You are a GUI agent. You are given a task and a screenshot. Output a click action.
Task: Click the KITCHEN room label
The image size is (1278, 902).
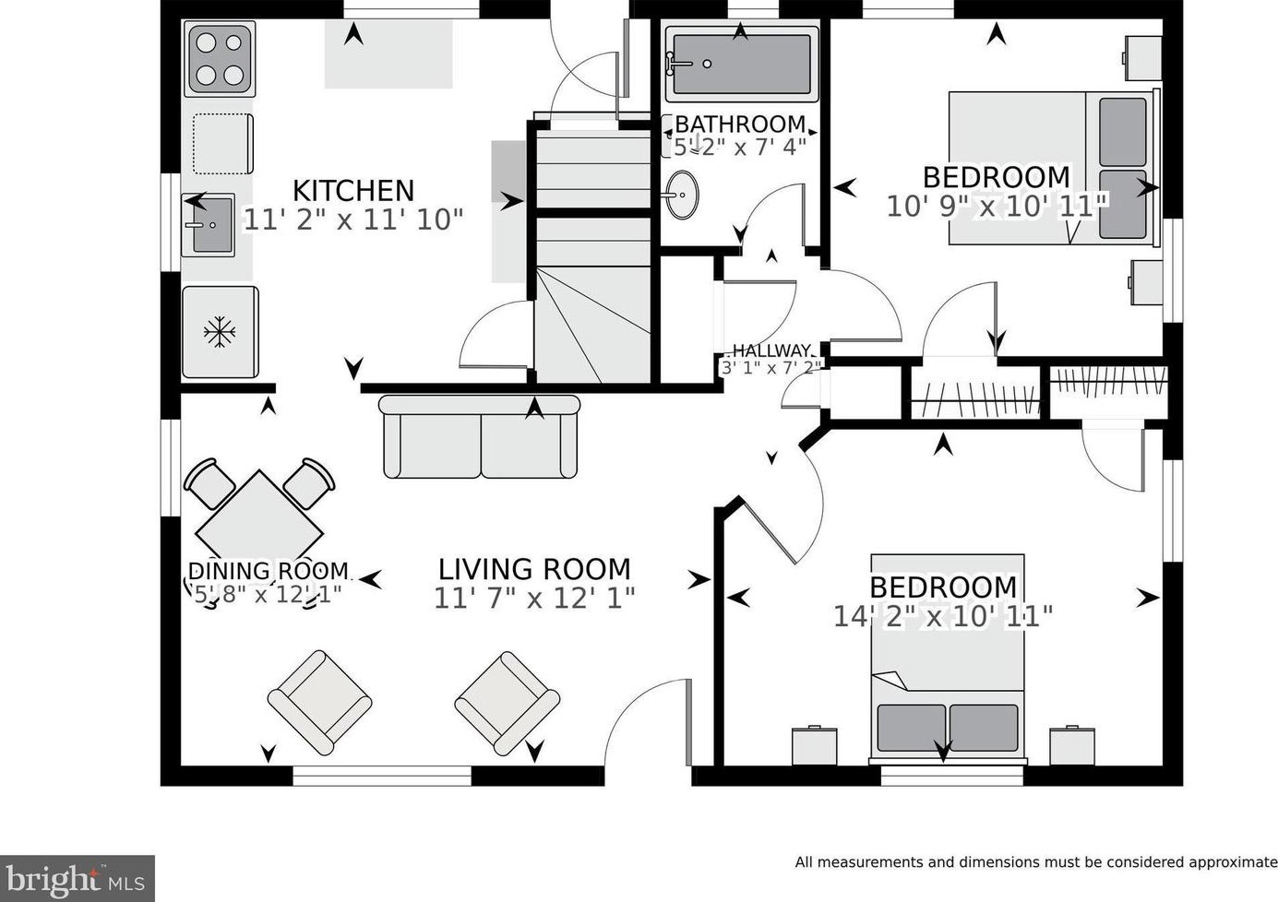point(353,191)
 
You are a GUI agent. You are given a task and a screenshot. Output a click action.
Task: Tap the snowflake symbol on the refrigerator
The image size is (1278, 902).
point(220,332)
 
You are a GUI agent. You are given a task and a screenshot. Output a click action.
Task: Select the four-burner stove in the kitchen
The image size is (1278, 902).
point(220,59)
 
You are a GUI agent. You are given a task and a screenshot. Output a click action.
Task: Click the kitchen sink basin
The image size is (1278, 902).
point(213,225)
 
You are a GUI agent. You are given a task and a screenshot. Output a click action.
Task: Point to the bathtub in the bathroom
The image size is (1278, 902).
point(741,65)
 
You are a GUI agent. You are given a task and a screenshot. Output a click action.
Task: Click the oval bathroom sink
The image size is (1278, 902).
point(682,195)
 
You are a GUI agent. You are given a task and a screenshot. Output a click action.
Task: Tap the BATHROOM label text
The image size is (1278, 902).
point(740,124)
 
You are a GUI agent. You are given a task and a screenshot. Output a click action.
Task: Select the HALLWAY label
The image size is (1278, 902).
point(770,350)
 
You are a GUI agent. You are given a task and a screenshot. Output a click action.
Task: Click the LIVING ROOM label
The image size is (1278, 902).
point(534,570)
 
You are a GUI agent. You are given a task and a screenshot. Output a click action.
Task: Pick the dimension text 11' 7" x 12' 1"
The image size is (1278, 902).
point(534,599)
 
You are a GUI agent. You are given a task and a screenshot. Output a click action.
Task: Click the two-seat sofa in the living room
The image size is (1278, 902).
point(479,436)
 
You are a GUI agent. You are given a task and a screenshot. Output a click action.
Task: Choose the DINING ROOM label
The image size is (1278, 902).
point(269,571)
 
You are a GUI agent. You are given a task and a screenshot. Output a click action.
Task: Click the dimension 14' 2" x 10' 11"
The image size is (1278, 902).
point(942,616)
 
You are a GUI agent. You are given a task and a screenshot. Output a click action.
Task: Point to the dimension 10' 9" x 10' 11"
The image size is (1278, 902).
point(997,207)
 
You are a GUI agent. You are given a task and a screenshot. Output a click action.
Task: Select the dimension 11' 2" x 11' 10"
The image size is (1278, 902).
point(353,220)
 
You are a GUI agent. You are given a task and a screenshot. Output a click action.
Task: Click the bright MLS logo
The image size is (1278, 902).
point(77,879)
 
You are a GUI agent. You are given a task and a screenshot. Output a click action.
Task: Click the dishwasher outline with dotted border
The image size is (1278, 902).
point(222,144)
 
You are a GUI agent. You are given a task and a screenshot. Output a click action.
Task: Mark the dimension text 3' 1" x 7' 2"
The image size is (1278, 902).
point(770,368)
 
